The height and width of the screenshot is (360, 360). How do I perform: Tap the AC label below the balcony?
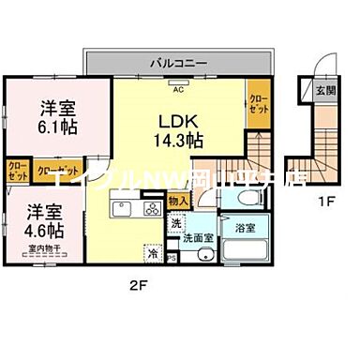[177, 90]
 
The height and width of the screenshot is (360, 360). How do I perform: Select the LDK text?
[175, 122]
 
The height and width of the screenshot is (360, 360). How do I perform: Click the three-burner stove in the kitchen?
[150, 208]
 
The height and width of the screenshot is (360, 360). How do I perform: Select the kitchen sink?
[121, 208]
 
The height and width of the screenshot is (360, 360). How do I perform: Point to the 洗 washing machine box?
[175, 225]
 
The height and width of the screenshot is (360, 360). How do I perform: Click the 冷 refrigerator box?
[152, 252]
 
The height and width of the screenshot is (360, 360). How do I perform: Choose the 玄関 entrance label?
[323, 91]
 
